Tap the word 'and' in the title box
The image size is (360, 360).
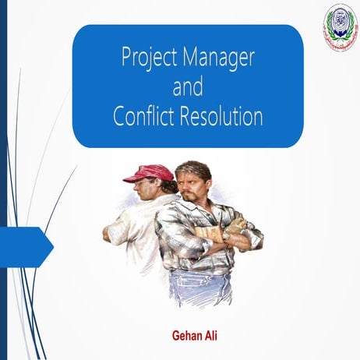[187, 86]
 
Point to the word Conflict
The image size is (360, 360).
[144, 116]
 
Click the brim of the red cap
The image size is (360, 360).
[133, 178]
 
